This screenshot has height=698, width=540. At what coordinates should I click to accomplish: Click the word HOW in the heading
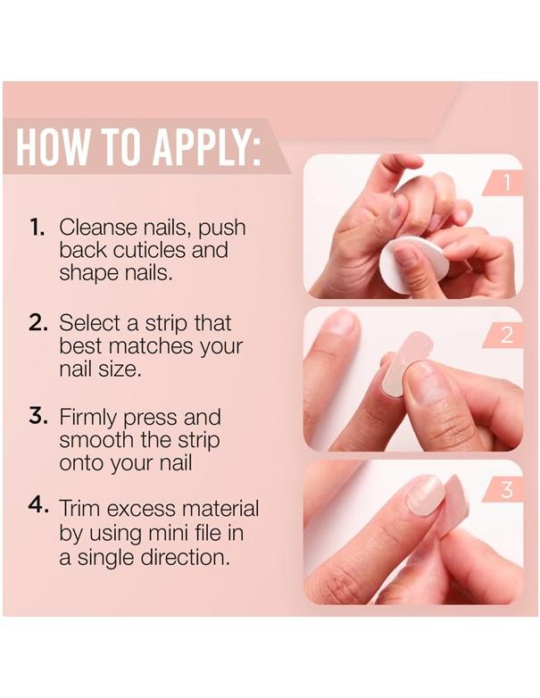click(53, 149)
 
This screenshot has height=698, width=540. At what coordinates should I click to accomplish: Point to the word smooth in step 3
click(95, 440)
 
